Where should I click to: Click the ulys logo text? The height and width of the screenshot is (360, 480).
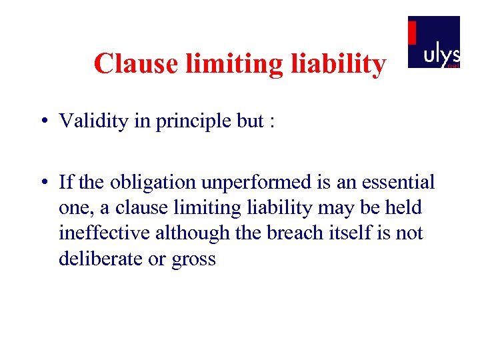441,55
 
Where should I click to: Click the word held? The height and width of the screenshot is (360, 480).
405,207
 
